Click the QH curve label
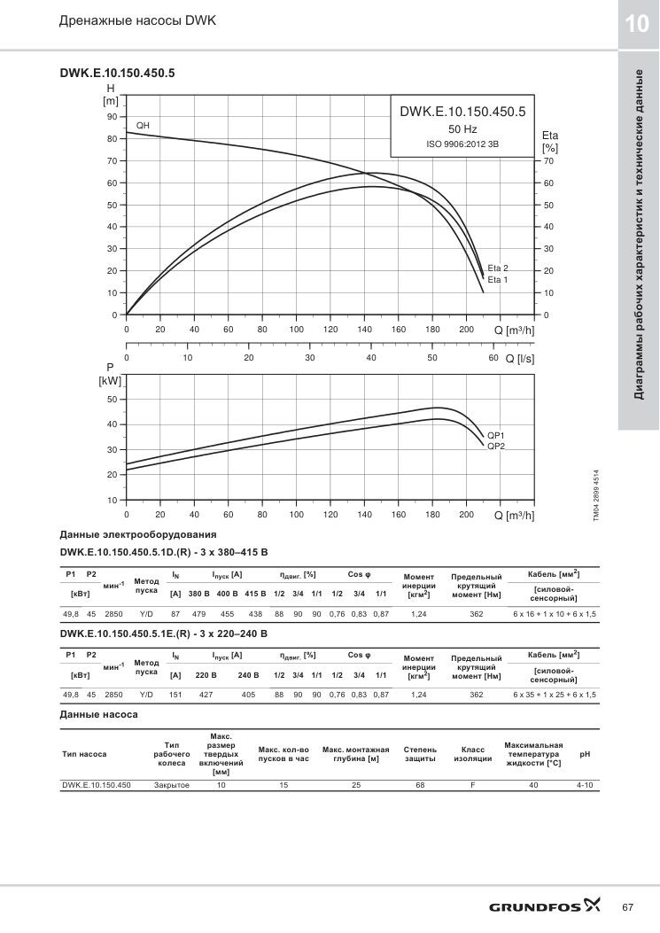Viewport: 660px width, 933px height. tap(143, 126)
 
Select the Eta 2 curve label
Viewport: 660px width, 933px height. tap(498, 268)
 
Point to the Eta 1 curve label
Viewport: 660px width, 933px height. tap(498, 280)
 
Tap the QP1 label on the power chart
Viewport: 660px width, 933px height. tap(496, 436)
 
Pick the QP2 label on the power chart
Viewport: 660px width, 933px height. tap(496, 447)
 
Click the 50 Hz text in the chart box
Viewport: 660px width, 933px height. tap(462, 129)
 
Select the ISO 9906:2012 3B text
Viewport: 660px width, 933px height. tap(462, 144)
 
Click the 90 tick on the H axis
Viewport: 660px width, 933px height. tap(112, 117)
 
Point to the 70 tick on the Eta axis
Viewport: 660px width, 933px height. tap(548, 161)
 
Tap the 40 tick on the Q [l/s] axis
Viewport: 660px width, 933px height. tap(371, 358)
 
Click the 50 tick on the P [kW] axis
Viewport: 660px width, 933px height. tap(112, 400)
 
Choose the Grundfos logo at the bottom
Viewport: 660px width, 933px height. tap(545, 906)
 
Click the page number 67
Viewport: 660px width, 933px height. tap(627, 907)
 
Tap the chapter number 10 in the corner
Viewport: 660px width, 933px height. tap(637, 24)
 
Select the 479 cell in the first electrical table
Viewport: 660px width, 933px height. tap(198, 614)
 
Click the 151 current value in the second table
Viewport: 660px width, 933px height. tap(175, 695)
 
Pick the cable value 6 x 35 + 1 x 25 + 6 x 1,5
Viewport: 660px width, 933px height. tap(554, 695)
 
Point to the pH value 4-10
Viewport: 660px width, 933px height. tap(585, 785)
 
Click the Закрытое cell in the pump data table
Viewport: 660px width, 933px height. tap(171, 785)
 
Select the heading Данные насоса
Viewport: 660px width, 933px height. tap(99, 715)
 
